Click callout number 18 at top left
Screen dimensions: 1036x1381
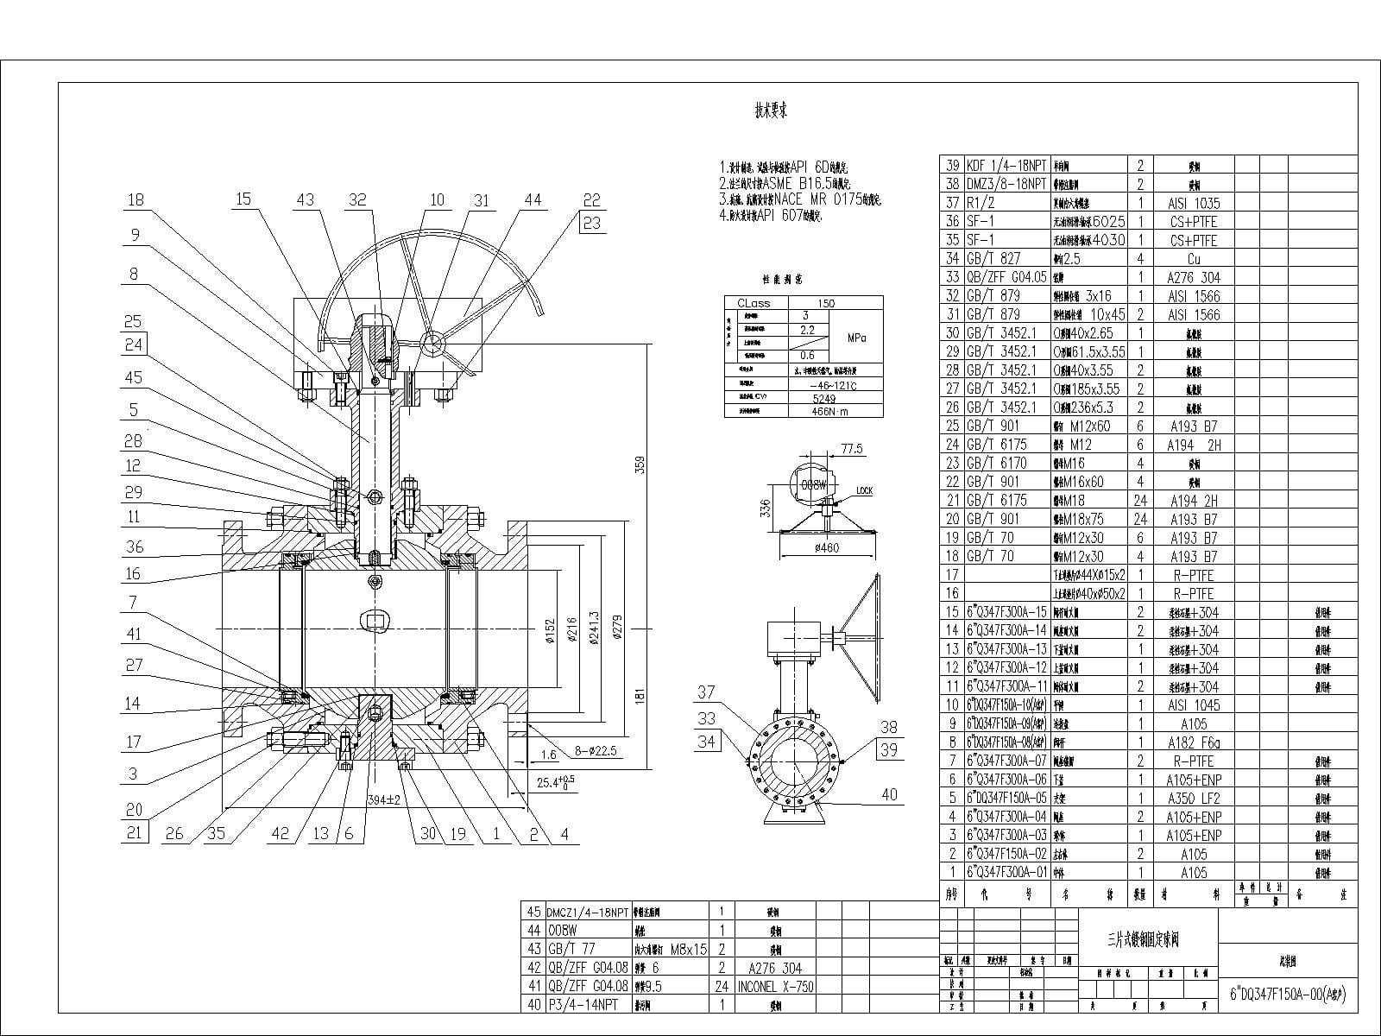[136, 199]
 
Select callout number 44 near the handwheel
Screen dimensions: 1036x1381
[533, 199]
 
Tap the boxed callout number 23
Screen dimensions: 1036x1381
[591, 222]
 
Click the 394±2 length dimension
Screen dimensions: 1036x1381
[384, 799]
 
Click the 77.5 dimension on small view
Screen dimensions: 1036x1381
[851, 449]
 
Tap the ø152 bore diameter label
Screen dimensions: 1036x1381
[550, 635]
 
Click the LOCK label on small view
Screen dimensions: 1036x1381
[864, 491]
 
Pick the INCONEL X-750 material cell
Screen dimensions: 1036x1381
[775, 986]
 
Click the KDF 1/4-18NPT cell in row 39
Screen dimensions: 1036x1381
[1006, 165]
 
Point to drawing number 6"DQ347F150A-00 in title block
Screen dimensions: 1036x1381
[1287, 994]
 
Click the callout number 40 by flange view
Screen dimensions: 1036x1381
[889, 794]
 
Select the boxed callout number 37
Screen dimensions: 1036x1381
[706, 692]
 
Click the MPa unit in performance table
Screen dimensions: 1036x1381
[856, 338]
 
